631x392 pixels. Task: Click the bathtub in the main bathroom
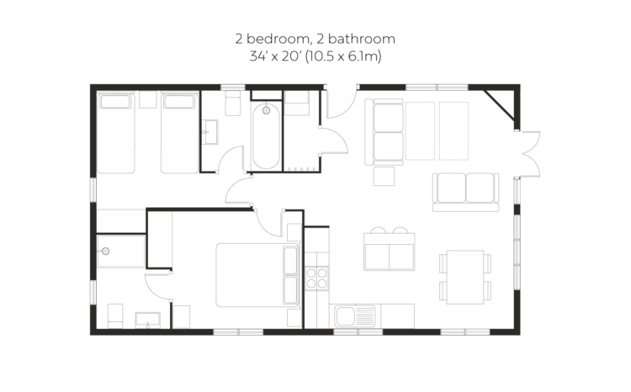[x=266, y=136]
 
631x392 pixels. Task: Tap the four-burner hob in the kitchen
[x=316, y=278]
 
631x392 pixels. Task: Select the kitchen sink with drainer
[x=355, y=316]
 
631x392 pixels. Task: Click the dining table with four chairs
[x=465, y=277]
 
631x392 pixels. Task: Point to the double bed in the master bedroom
[x=257, y=275]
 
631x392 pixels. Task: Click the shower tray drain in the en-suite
[x=105, y=252]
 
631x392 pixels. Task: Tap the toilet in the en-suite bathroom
[x=115, y=316]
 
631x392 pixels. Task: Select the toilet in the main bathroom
[x=232, y=103]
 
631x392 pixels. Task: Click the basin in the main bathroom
[x=209, y=131]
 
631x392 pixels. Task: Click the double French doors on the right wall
[x=528, y=154]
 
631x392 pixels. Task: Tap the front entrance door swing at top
[x=342, y=103]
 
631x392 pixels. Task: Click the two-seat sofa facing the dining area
[x=465, y=193]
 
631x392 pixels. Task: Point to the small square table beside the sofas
[x=384, y=177]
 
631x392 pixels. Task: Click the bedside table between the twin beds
[x=148, y=100]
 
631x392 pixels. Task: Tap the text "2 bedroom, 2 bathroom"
[x=315, y=39]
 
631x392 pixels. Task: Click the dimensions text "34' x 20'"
[x=276, y=56]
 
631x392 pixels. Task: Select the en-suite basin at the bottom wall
[x=148, y=320]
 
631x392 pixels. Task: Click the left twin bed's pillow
[x=115, y=102]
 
